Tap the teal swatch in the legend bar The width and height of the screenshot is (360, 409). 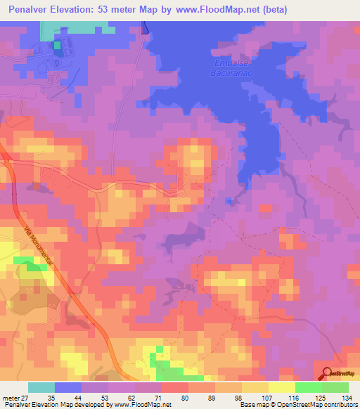(41, 387)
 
